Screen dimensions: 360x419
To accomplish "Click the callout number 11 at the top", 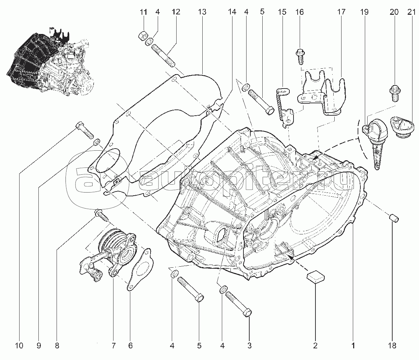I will pyautogui.click(x=143, y=12).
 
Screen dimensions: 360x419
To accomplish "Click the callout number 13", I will pyautogui.click(x=202, y=12).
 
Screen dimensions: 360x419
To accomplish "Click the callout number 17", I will pyautogui.click(x=341, y=12).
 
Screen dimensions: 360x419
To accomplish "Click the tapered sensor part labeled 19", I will pyautogui.click(x=375, y=144).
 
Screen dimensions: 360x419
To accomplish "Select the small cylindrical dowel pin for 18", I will pyautogui.click(x=394, y=218).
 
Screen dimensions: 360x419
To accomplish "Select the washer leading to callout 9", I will pyautogui.click(x=97, y=141).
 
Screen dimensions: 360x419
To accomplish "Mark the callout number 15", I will pyautogui.click(x=282, y=12).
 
